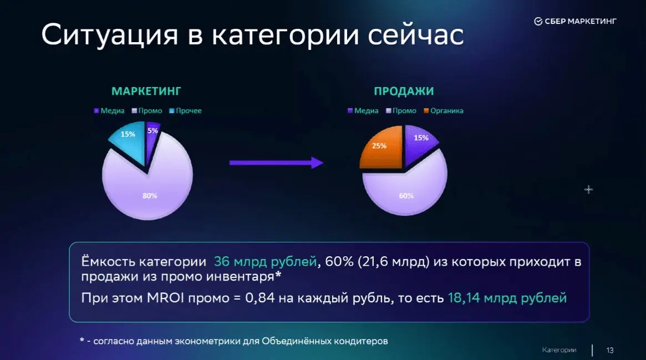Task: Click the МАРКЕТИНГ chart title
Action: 146,91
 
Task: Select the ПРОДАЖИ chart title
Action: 404,91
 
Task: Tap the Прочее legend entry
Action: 185,111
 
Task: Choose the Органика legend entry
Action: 444,111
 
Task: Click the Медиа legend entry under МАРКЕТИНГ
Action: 109,111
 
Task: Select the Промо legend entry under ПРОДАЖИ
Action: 401,111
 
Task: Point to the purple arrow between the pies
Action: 277,163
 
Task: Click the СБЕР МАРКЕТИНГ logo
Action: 575,22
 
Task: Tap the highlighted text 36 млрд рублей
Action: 265,262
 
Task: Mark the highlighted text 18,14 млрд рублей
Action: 507,298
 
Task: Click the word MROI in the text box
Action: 165,298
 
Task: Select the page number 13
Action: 610,351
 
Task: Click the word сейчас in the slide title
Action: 416,34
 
